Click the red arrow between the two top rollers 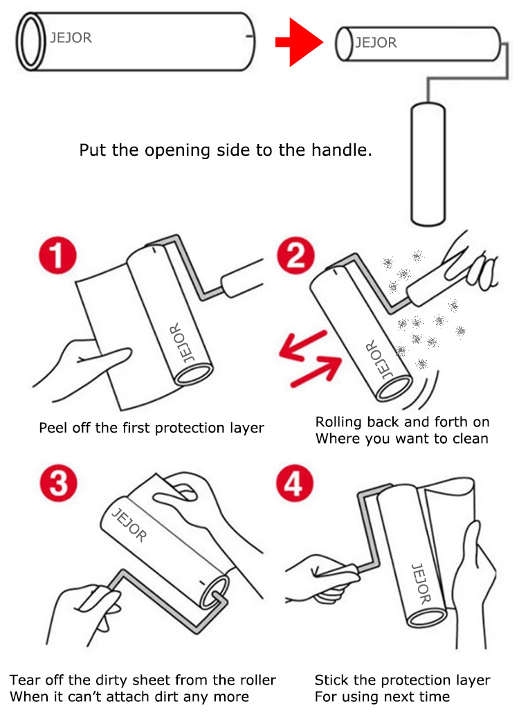coord(299,42)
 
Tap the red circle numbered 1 coord(57,255)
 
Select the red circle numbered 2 coord(296,255)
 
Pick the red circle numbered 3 coord(59,483)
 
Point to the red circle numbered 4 coord(295,483)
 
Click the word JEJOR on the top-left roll coord(71,38)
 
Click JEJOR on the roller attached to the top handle coord(376,43)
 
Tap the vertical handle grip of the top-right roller coord(428,164)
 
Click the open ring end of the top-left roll coord(30,42)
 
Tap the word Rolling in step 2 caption coord(339,422)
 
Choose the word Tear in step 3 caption coord(24,680)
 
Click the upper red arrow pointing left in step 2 coord(303,345)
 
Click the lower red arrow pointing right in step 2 coord(317,372)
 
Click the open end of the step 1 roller coord(194,374)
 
